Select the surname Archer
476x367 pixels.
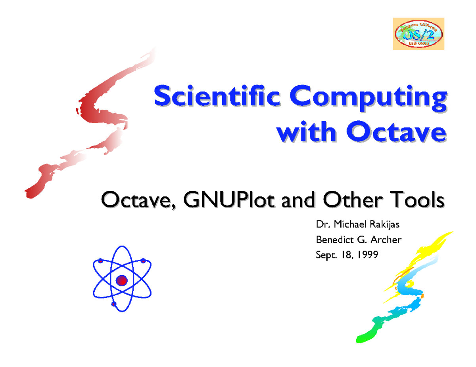[389, 240]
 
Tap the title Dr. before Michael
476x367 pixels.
[320, 226]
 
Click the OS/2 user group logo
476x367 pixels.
[418, 34]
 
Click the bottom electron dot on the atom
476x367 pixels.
[114, 304]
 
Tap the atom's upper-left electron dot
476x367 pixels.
[101, 261]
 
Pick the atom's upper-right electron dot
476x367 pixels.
[143, 261]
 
